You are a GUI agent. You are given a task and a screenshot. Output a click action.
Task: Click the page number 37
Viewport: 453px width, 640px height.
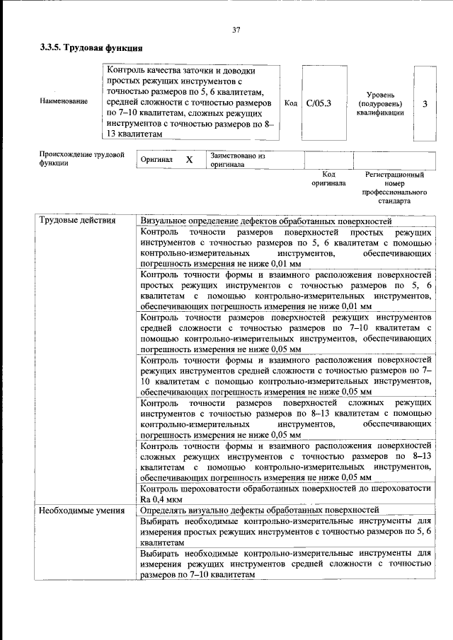(x=236, y=30)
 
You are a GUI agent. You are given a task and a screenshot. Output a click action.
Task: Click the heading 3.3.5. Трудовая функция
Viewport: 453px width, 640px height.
(x=91, y=49)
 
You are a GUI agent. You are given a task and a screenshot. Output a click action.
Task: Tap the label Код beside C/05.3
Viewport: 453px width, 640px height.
(x=290, y=103)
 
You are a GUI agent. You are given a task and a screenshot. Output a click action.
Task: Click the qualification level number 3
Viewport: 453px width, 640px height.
(x=424, y=104)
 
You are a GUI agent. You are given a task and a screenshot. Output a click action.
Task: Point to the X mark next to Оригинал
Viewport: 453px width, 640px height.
(x=189, y=160)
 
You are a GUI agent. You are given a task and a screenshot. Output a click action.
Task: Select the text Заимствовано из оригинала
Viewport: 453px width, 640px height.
(x=236, y=160)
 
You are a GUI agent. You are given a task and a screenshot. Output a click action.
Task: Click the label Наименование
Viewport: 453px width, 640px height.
(x=64, y=101)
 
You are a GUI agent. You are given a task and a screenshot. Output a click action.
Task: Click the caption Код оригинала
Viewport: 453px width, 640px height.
(x=328, y=178)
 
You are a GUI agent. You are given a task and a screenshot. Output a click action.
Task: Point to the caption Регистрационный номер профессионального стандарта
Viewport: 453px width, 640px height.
(x=394, y=187)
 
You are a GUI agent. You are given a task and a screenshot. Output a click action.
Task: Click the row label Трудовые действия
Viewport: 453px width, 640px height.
(x=77, y=220)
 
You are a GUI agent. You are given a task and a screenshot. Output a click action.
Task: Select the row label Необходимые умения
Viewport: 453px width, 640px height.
(x=81, y=510)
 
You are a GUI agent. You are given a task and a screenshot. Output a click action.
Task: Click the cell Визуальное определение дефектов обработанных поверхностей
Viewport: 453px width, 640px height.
(x=265, y=221)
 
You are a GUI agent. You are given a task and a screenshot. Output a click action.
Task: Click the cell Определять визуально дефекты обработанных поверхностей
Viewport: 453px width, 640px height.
(x=260, y=510)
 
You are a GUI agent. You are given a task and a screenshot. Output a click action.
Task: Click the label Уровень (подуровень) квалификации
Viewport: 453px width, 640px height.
(x=385, y=103)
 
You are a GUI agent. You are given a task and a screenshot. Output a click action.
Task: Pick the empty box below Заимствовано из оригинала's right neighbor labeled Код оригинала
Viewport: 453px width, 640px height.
(x=328, y=160)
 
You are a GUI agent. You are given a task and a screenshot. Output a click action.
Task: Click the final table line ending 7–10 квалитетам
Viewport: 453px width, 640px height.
(x=197, y=576)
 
